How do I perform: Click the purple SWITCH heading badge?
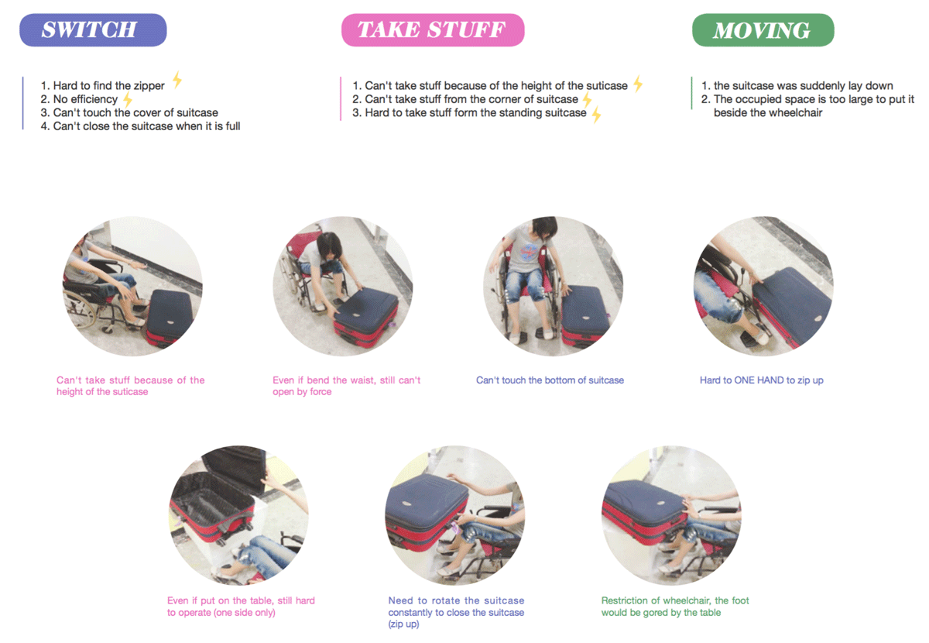pos(93,30)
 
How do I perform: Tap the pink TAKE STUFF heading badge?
pos(433,30)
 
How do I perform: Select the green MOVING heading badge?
pos(763,30)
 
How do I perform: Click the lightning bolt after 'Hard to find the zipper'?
pos(177,79)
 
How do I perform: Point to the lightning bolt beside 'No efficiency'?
pos(128,100)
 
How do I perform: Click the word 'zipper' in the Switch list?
pos(147,85)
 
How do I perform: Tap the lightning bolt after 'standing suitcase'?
pos(596,115)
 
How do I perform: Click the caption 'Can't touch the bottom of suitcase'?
pos(550,380)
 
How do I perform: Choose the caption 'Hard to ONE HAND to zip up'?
pos(762,380)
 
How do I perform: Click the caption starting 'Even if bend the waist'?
pos(346,386)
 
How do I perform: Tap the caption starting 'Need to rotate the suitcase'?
pos(456,612)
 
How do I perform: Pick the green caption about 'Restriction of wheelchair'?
pos(675,606)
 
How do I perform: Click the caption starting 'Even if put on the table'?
pos(241,606)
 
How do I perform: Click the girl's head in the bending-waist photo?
pos(329,245)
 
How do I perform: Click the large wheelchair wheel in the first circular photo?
pos(80,309)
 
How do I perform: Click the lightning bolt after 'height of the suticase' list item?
pos(638,84)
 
